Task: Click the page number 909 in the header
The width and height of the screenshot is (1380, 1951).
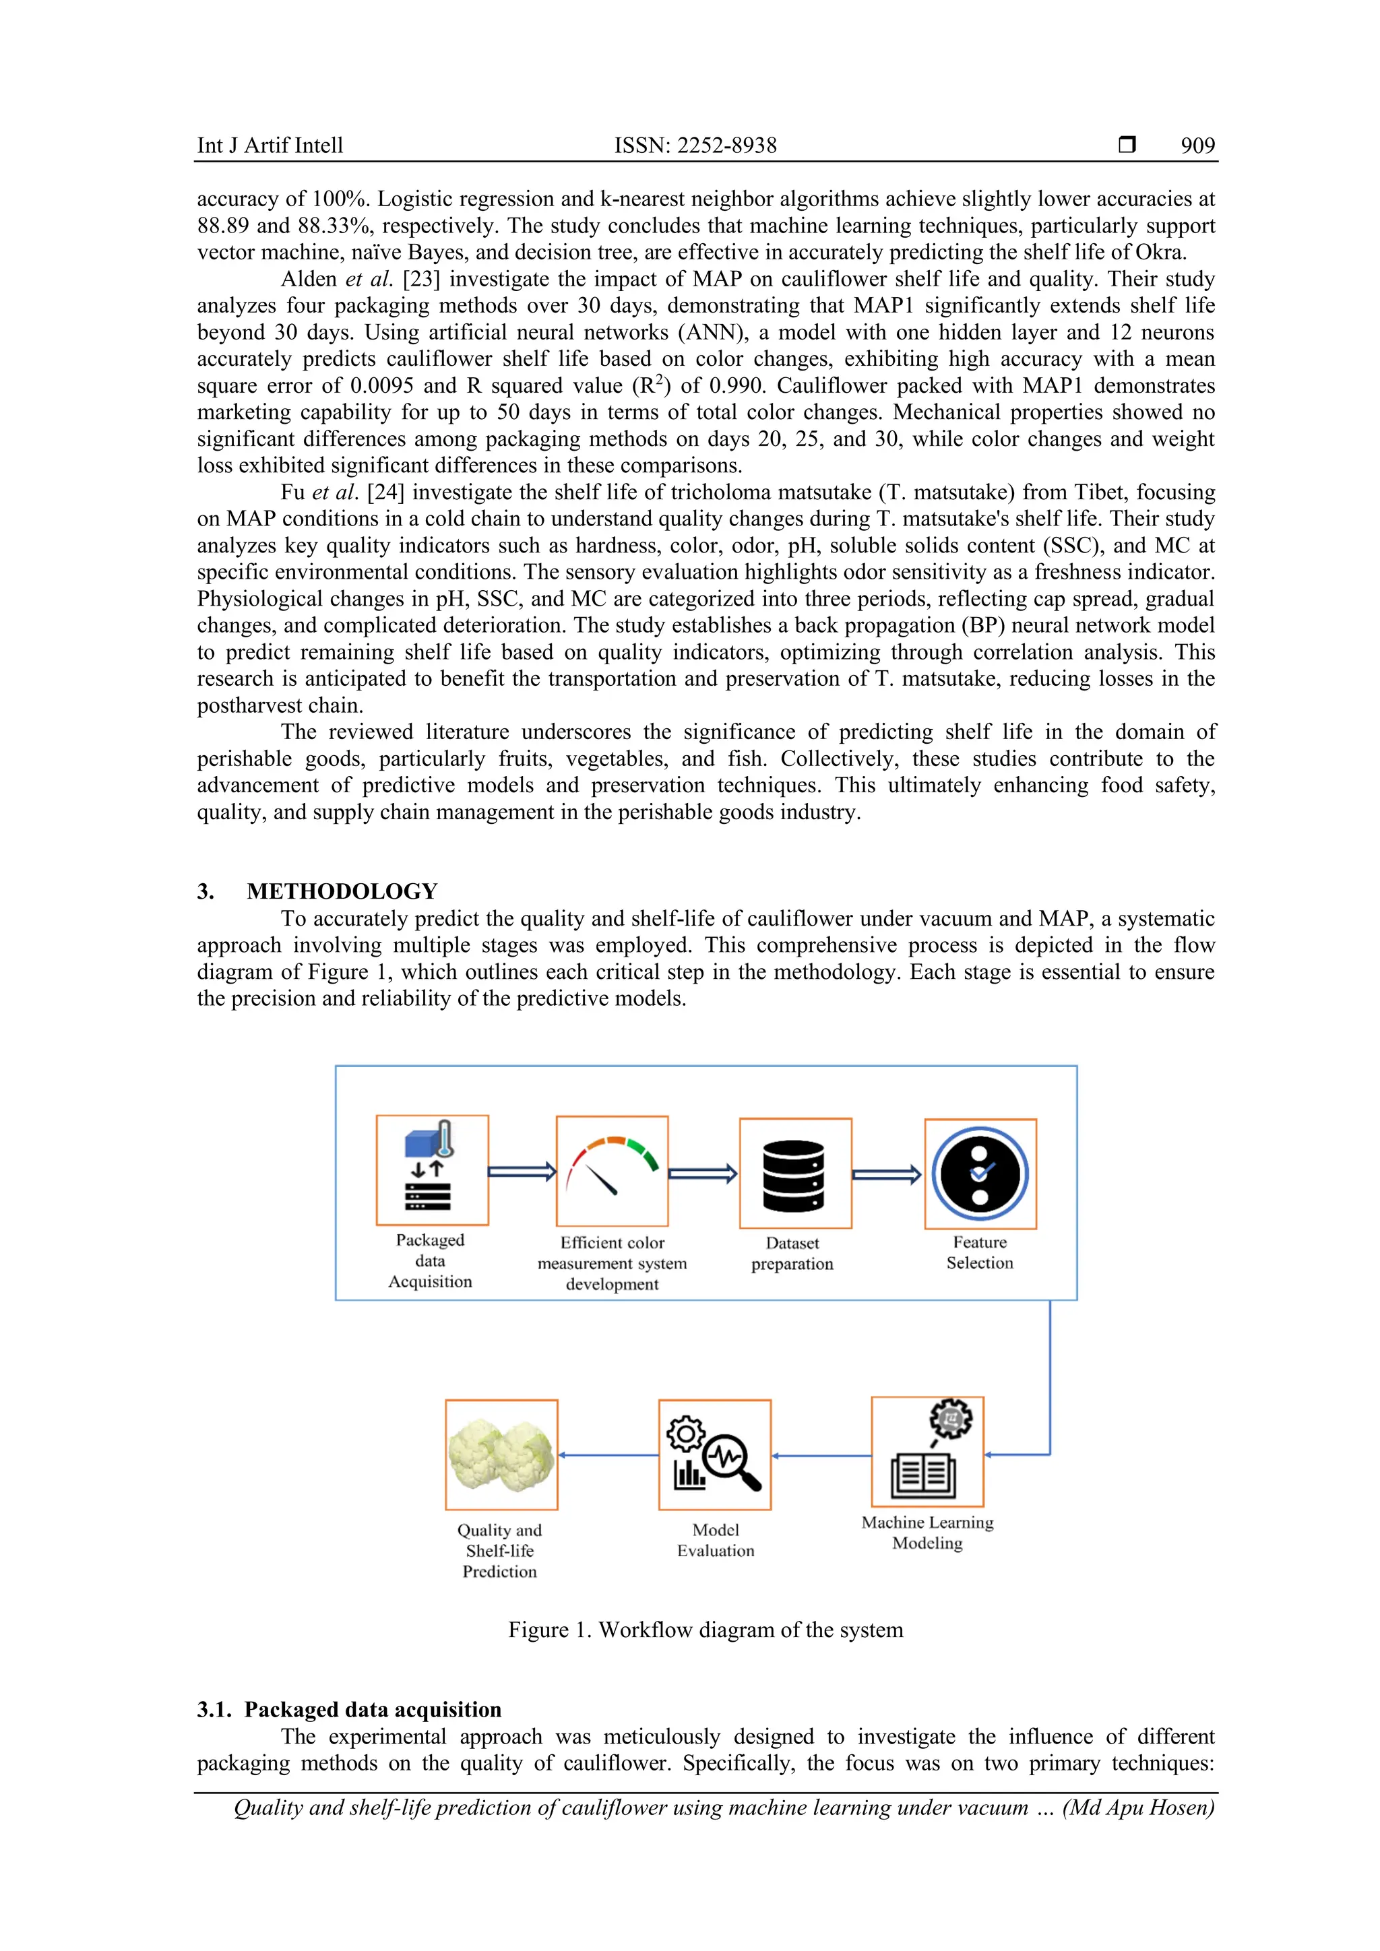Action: click(x=1197, y=146)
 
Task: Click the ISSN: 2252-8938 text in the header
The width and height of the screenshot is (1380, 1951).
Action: click(x=695, y=146)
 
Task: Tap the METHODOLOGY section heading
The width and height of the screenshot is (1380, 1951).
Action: click(x=342, y=891)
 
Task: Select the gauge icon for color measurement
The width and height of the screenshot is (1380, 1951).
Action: click(x=612, y=1170)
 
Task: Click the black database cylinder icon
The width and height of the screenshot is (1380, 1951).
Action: click(x=794, y=1174)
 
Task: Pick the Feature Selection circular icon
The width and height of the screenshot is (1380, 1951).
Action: click(x=980, y=1174)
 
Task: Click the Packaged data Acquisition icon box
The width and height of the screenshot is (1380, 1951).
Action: click(x=432, y=1170)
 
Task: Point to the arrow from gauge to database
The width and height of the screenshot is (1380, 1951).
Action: click(x=702, y=1174)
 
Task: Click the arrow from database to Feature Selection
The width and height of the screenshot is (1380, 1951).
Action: click(x=886, y=1174)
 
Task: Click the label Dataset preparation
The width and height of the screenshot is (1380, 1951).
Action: click(x=792, y=1253)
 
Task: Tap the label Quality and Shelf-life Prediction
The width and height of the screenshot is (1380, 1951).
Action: click(x=500, y=1551)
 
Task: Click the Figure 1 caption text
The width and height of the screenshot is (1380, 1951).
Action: click(x=705, y=1630)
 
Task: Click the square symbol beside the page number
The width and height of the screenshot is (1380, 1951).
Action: click(x=1127, y=144)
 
